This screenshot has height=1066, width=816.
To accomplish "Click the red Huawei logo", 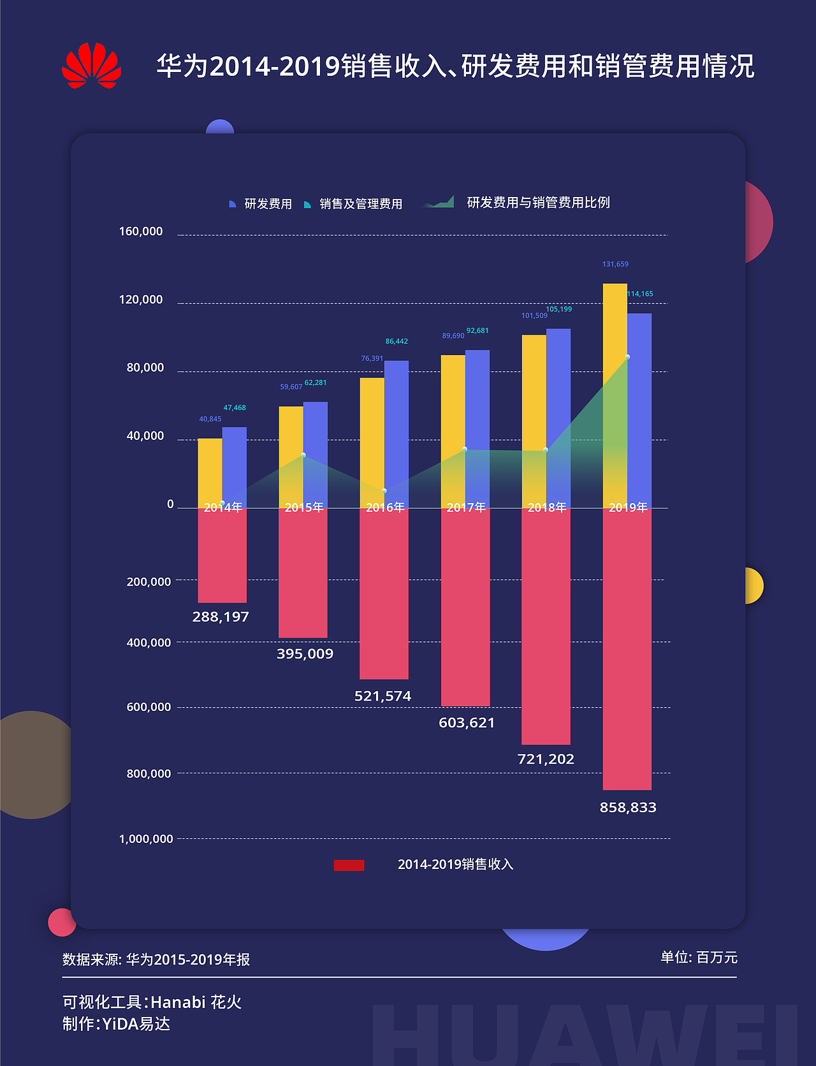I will [92, 66].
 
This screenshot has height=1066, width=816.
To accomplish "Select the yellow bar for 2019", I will [615, 395].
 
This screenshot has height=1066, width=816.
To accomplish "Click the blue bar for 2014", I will [235, 467].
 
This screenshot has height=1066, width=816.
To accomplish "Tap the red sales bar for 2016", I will [384, 593].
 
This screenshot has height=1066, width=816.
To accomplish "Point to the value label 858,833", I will [627, 807].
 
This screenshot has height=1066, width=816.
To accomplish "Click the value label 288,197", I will [221, 617].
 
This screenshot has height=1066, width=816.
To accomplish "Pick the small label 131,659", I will [615, 264].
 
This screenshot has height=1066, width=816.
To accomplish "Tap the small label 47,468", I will [235, 407].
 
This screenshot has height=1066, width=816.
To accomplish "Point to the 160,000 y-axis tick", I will [141, 231].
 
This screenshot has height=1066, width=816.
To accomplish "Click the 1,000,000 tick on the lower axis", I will [146, 838].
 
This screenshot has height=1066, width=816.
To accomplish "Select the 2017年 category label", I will [466, 507].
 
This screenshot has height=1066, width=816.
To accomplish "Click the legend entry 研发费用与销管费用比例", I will [538, 202].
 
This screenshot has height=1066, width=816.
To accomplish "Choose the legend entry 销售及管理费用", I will [361, 204].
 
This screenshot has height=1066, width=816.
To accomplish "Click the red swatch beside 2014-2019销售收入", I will [349, 865].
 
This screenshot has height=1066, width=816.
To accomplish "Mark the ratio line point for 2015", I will [303, 455].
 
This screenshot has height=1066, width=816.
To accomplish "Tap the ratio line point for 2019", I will [627, 357].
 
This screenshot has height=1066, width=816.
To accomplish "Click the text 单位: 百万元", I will [699, 957].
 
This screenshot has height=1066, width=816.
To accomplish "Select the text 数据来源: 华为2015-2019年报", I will [156, 960].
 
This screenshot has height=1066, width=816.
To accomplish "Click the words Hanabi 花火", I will [196, 1002].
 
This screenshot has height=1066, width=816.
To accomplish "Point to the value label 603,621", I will [467, 722].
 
